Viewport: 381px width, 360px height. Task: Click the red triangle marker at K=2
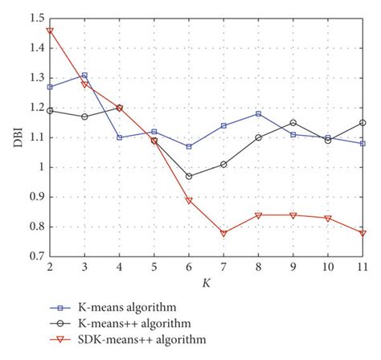(50, 31)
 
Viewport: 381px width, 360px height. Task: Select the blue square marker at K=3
(84, 76)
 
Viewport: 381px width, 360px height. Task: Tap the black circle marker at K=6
(189, 176)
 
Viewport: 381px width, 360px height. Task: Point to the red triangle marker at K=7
(224, 233)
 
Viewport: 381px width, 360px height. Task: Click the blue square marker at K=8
(259, 114)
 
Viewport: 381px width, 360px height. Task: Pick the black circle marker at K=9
(293, 123)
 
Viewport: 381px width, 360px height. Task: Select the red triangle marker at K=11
(363, 233)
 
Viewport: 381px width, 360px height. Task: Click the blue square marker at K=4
(120, 137)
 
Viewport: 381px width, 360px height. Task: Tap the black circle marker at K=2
(50, 111)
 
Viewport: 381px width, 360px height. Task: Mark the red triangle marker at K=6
(189, 200)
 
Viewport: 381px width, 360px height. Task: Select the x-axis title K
(207, 282)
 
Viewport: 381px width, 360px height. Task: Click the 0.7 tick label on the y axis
(35, 256)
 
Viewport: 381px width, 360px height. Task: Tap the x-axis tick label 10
(328, 267)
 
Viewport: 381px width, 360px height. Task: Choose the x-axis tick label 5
(154, 267)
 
